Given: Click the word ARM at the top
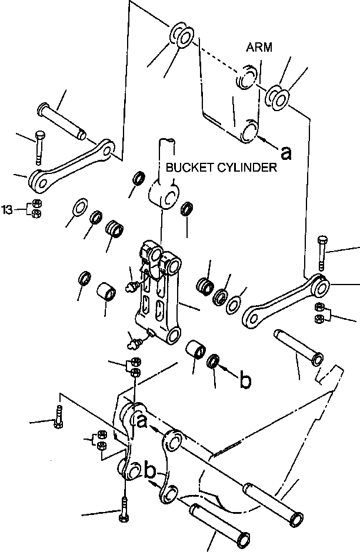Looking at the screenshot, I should [x=260, y=48].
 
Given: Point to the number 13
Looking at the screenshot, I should [x=7, y=209].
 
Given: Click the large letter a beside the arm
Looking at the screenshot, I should [x=286, y=152].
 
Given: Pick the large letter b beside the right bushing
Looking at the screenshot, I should [x=245, y=380].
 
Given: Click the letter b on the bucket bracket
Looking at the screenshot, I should [x=150, y=471].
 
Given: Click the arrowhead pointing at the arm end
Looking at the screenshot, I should [x=261, y=139].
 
